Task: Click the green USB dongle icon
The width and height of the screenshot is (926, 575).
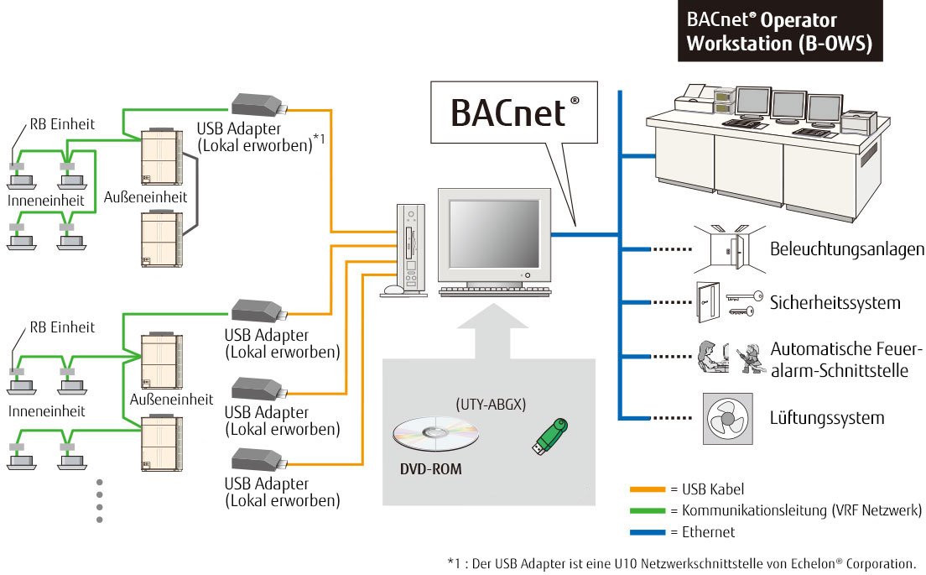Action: coord(549,436)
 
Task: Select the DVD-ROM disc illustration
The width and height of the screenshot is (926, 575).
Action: coord(435,434)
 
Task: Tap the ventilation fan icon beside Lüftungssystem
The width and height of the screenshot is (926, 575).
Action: coord(723,416)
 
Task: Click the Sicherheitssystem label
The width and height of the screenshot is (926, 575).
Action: coord(835,302)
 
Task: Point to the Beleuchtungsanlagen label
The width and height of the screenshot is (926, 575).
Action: coord(847,249)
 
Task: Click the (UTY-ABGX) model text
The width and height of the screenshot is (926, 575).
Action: coord(491,404)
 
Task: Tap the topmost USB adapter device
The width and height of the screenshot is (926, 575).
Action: coord(259,105)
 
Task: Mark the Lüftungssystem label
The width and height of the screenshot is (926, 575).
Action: coord(826,417)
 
